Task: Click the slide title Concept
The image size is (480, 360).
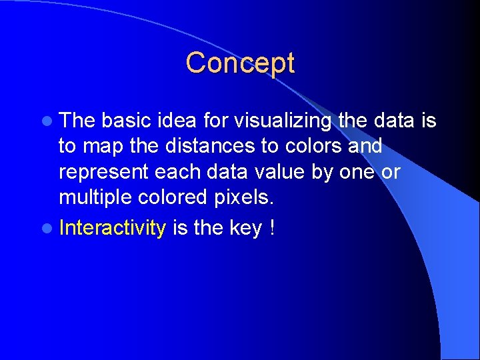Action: pos(240,63)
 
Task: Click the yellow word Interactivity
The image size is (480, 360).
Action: pos(112,229)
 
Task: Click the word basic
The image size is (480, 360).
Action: pos(127,121)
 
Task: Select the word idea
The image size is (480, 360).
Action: pos(179,121)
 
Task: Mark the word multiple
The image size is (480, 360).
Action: pos(96,197)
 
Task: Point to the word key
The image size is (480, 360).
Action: pos(247,229)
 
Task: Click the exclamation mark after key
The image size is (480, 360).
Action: pos(273,229)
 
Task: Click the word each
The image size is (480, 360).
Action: pos(177,171)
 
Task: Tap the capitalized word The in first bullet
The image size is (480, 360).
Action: pos(77,121)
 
